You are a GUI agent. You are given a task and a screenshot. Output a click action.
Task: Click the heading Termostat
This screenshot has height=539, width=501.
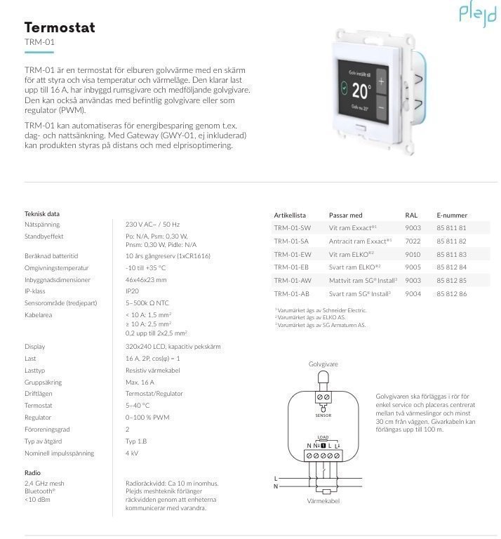60,27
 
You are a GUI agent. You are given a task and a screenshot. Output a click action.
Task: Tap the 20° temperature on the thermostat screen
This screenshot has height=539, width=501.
361,91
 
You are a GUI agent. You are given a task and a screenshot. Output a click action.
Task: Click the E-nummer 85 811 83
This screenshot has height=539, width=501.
451,254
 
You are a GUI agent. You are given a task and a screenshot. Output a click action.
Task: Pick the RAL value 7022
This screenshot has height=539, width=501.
413,241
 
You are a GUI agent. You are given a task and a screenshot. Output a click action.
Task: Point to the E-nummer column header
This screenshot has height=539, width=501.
451,215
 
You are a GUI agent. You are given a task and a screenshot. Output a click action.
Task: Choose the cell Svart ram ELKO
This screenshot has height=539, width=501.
354,267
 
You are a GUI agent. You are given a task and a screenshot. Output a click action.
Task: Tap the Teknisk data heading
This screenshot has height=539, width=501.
42,213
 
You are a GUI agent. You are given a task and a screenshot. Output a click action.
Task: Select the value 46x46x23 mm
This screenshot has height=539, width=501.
146,279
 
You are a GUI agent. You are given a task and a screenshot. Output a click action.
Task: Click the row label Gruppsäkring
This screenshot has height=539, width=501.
44,382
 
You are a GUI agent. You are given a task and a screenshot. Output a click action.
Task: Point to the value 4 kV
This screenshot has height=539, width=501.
133,453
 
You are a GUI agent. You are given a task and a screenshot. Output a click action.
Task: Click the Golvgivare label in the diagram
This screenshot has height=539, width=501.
323,364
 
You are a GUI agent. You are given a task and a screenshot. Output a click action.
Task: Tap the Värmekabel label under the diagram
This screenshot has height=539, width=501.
323,501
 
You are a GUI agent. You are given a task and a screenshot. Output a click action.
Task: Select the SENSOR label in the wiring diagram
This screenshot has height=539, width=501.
323,415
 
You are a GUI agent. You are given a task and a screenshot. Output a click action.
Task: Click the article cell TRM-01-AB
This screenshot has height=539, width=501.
291,293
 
